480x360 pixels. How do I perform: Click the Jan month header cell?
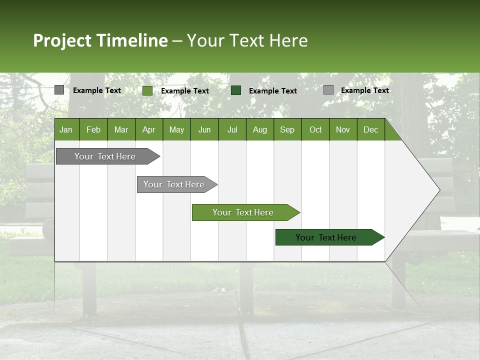pos(66,129)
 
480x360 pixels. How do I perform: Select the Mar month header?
pos(121,129)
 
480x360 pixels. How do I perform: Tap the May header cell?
pos(176,129)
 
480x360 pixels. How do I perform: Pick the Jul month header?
pos(232,129)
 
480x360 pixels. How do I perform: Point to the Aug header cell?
pos(259,129)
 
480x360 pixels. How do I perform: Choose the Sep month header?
pos(287,129)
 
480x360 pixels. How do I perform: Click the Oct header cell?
pos(315,129)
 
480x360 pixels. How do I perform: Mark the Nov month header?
pos(342,129)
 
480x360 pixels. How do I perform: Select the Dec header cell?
pos(370,129)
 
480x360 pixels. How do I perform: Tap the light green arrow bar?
pos(243,212)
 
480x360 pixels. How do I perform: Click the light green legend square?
pos(147,90)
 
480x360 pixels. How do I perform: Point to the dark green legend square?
pos(236,90)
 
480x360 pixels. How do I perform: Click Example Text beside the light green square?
pos(184,91)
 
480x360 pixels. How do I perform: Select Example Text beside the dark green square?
pos(272,91)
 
